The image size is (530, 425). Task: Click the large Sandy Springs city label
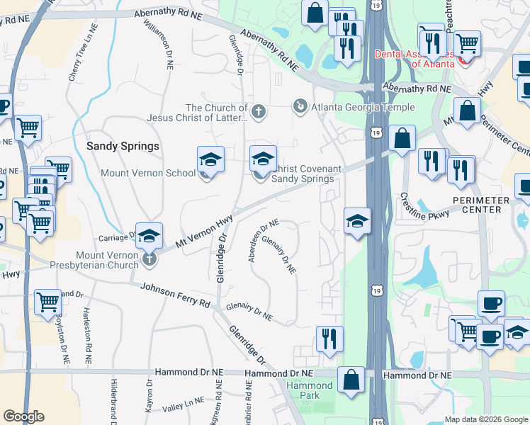pos(123,146)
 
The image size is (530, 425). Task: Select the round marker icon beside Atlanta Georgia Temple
pos(301,107)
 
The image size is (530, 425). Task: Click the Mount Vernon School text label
pos(148,173)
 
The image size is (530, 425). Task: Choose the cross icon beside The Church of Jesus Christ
pos(259,111)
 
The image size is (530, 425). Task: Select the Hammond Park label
pos(310,390)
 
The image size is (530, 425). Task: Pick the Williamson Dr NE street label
pos(159,42)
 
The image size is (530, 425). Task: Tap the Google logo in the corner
pos(23,416)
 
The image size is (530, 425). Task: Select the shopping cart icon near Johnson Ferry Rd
pos(48,302)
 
